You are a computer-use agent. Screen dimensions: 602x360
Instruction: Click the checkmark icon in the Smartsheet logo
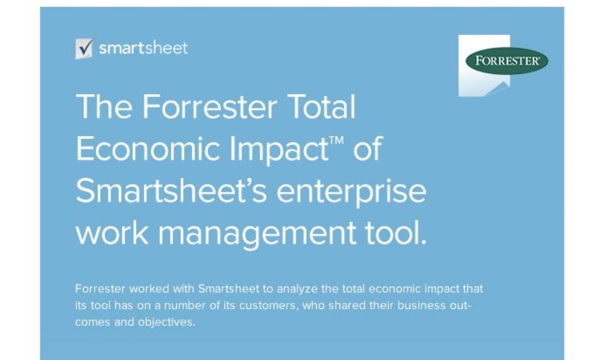pos(84,48)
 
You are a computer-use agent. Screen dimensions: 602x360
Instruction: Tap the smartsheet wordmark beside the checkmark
pos(143,48)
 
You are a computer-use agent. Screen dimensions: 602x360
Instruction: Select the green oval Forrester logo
pos(507,61)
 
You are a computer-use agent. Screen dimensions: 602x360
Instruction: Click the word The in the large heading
pos(104,106)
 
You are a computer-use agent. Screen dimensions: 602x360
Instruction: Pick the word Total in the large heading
pos(321,106)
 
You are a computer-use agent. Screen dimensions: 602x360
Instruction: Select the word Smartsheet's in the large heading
pos(171,191)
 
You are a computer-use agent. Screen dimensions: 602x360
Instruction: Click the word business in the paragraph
pos(421,305)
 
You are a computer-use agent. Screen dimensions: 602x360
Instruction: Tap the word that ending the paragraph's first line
pos(473,289)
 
